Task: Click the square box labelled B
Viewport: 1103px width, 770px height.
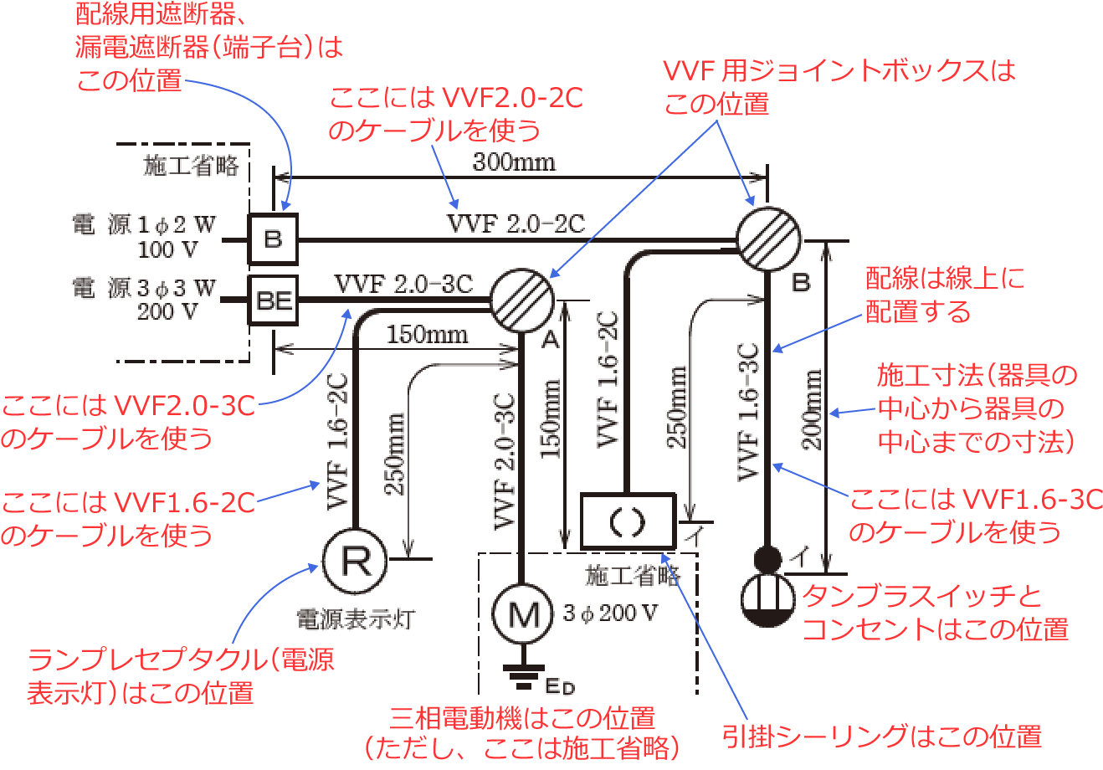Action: pyautogui.click(x=273, y=239)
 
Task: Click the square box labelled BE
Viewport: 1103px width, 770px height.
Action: pyautogui.click(x=274, y=300)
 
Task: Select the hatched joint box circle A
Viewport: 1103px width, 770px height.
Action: pyautogui.click(x=521, y=300)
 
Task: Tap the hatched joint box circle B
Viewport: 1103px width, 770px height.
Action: pyautogui.click(x=767, y=239)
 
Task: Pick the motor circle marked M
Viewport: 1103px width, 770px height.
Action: pyautogui.click(x=522, y=615)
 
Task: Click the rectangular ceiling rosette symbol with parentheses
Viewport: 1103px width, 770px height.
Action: pyautogui.click(x=628, y=521)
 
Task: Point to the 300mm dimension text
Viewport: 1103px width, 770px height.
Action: pyautogui.click(x=514, y=162)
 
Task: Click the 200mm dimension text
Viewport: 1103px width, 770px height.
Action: pyautogui.click(x=813, y=410)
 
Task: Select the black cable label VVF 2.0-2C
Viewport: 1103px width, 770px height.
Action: pyautogui.click(x=516, y=223)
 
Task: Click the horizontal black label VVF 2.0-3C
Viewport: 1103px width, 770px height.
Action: pyautogui.click(x=403, y=284)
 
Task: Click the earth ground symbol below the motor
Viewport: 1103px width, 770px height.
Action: pyautogui.click(x=522, y=674)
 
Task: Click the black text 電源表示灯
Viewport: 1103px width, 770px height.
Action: pyautogui.click(x=356, y=620)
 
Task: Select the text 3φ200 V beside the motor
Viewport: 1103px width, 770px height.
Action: pyautogui.click(x=610, y=613)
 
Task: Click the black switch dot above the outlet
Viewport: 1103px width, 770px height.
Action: pyautogui.click(x=767, y=557)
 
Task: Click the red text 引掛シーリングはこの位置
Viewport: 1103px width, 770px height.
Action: pyautogui.click(x=882, y=736)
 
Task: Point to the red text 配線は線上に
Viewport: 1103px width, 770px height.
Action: pyautogui.click(x=945, y=278)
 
